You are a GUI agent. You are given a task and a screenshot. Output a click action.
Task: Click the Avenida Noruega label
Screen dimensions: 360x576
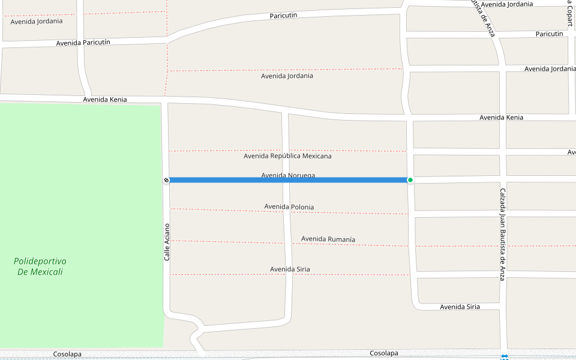point(288,175)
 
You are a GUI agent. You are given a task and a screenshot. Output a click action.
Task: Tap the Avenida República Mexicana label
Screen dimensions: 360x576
point(287,156)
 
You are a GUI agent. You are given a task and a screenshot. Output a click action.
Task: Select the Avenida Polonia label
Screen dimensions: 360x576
point(289,207)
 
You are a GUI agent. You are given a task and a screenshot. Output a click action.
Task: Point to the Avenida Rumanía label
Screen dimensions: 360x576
point(328,239)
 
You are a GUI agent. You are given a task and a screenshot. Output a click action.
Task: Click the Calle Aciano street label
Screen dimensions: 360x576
point(167,242)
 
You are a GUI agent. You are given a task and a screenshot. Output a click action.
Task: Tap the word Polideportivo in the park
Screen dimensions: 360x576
point(40,262)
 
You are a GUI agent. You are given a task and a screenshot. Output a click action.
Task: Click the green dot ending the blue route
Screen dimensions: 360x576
point(410,180)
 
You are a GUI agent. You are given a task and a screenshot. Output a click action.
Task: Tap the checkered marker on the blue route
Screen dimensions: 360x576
point(166,180)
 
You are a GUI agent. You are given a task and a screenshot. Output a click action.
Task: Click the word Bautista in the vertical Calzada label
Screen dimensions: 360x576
point(503,244)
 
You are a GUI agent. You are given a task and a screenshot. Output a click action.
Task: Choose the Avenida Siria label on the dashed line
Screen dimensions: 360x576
point(290,269)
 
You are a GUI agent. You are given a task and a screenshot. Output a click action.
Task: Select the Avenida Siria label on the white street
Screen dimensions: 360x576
point(460,307)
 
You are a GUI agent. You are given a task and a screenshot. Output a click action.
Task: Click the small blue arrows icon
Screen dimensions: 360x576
point(505,356)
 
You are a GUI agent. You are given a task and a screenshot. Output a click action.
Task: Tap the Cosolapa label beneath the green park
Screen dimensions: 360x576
point(67,354)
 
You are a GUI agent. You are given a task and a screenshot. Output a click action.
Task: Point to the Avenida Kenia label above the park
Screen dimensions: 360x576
point(105,100)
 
